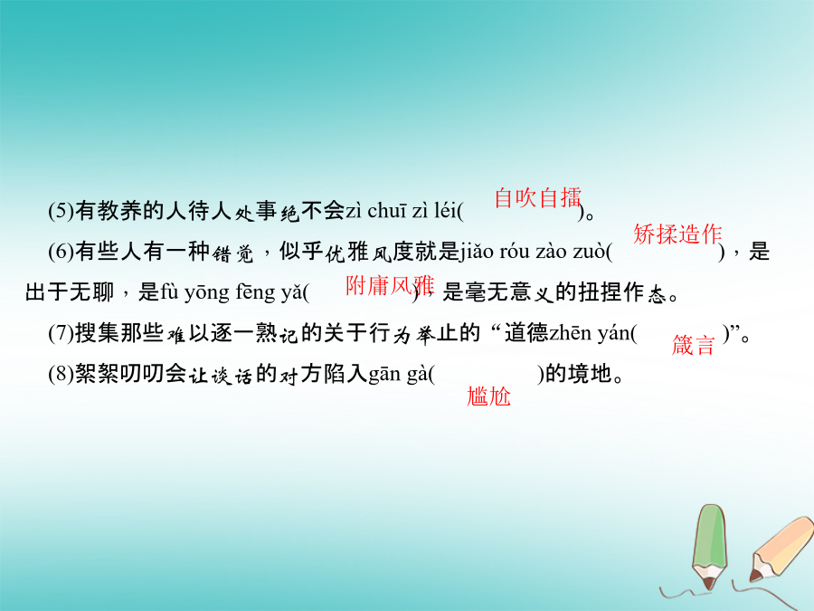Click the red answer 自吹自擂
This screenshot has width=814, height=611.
[x=538, y=197]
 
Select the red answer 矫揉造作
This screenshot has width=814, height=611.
[x=677, y=234]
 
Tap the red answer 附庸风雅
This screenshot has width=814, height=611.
[x=389, y=285]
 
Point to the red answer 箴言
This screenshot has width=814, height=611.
[x=693, y=345]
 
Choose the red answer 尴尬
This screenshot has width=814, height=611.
[x=488, y=396]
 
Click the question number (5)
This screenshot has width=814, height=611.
[x=62, y=211]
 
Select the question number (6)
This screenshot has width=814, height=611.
[x=62, y=252]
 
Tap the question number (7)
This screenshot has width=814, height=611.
[x=62, y=333]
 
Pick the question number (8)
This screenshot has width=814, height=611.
[x=62, y=374]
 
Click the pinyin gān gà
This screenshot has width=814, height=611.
[x=398, y=375]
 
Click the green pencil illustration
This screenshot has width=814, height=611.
[x=710, y=546]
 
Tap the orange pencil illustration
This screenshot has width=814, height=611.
[x=781, y=549]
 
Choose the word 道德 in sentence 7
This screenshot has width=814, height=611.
[x=526, y=333]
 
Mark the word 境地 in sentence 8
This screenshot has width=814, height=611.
[x=590, y=374]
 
